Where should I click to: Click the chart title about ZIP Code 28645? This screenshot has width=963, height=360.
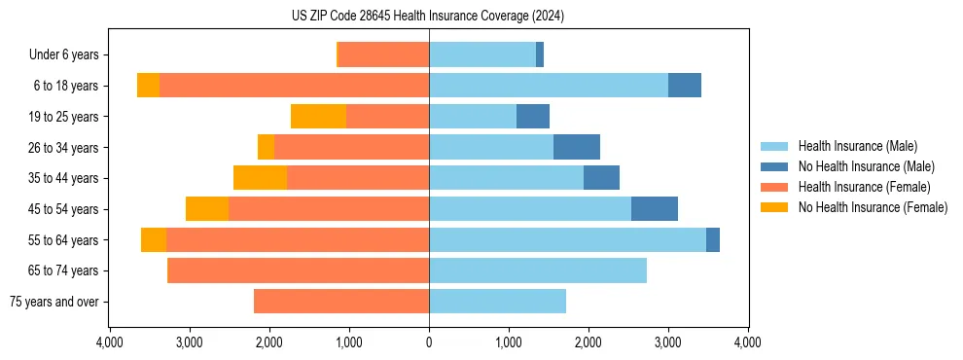pyautogui.click(x=428, y=16)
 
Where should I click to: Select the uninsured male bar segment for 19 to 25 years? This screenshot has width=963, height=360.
pyautogui.click(x=533, y=117)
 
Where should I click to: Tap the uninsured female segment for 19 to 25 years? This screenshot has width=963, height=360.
pyautogui.click(x=318, y=117)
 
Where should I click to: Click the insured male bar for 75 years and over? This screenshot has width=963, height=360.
pyautogui.click(x=497, y=302)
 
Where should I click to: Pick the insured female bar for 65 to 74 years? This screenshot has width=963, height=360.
pyautogui.click(x=299, y=270)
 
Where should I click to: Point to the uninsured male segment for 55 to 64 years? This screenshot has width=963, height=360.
pyautogui.click(x=713, y=239)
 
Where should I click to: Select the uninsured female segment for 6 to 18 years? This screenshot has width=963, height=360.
pyautogui.click(x=148, y=86)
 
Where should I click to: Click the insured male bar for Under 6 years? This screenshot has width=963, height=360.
pyautogui.click(x=482, y=54)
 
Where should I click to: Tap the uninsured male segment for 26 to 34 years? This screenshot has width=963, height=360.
pyautogui.click(x=577, y=147)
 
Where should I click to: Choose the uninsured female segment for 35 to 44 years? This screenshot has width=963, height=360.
pyautogui.click(x=260, y=178)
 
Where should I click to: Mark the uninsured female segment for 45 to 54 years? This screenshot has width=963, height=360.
pyautogui.click(x=207, y=209)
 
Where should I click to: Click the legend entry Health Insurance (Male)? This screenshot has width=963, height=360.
pyautogui.click(x=857, y=146)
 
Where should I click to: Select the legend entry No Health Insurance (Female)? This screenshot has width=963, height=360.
pyautogui.click(x=873, y=207)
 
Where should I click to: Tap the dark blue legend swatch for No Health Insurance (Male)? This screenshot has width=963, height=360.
pyautogui.click(x=774, y=166)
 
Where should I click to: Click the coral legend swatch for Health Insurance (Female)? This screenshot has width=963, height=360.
pyautogui.click(x=774, y=187)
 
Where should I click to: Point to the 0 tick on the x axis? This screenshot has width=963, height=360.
pyautogui.click(x=429, y=342)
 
